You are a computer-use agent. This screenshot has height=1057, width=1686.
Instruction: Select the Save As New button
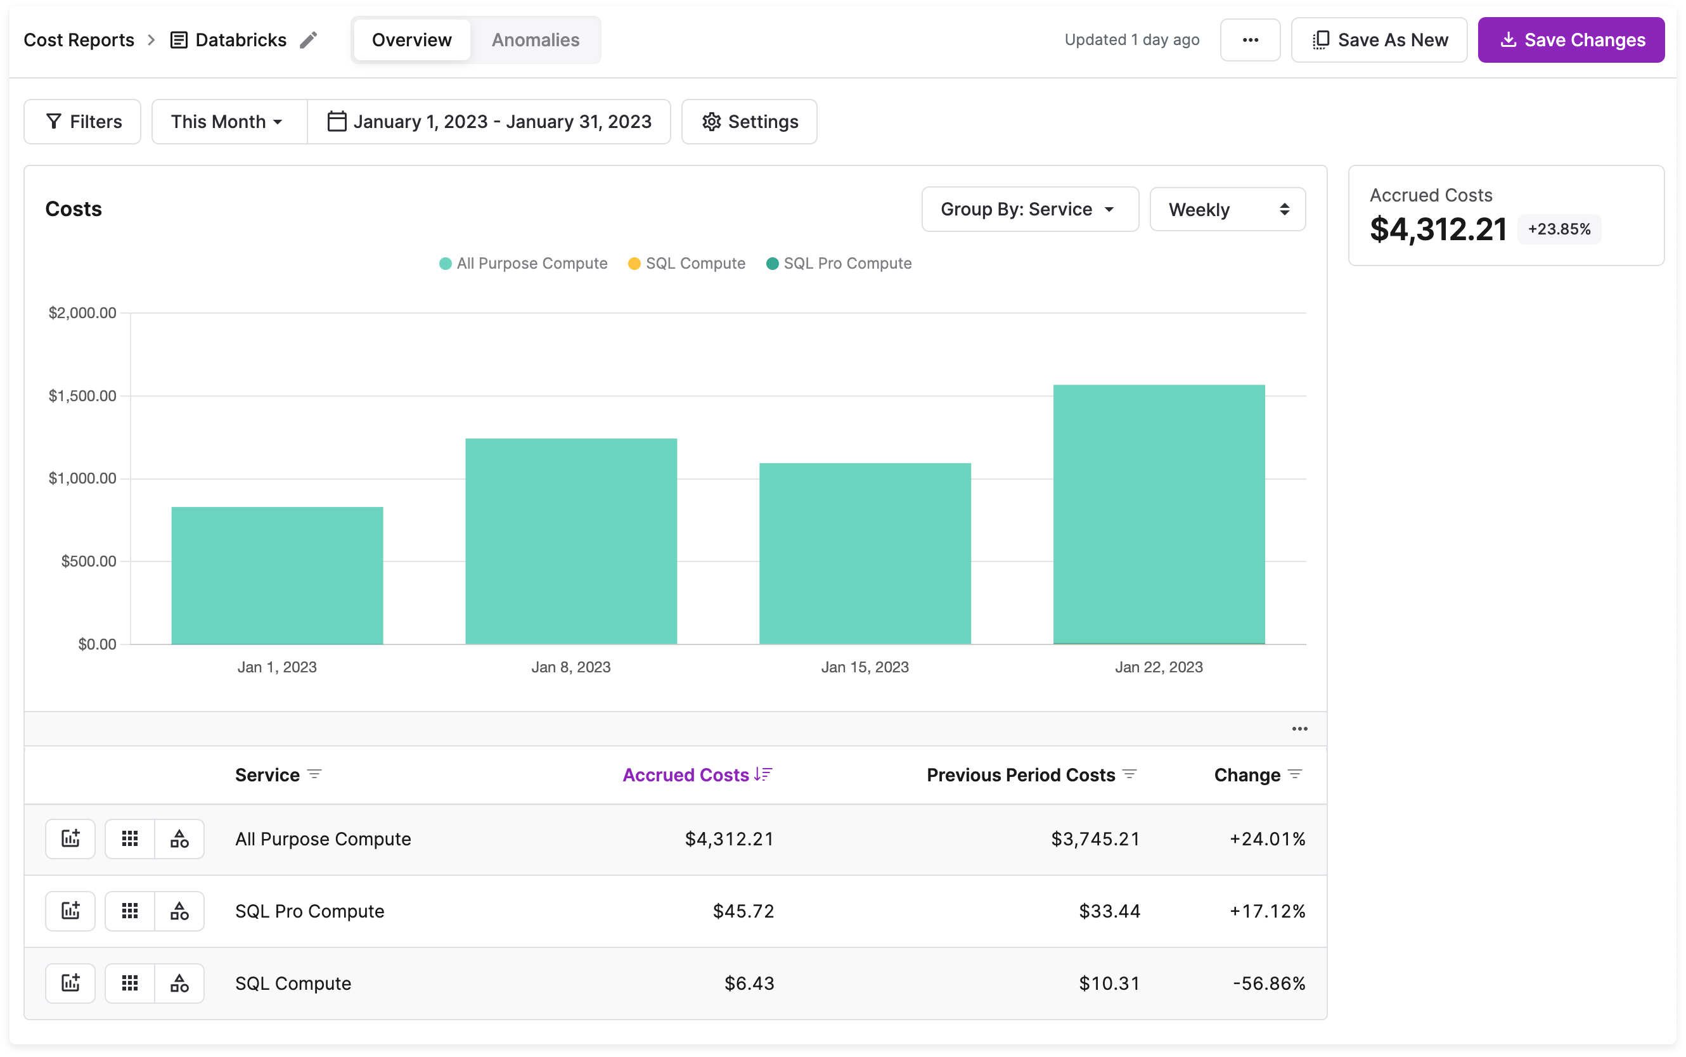[1379, 40]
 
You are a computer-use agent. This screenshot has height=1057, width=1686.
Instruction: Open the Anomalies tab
[535, 40]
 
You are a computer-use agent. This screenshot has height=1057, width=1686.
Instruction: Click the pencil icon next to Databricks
[308, 40]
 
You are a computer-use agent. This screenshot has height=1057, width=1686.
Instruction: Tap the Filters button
[82, 122]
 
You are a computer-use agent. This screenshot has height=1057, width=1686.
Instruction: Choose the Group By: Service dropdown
[1029, 209]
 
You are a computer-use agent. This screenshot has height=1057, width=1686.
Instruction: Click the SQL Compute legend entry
[686, 264]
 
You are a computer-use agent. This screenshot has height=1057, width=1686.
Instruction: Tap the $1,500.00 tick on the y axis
[82, 395]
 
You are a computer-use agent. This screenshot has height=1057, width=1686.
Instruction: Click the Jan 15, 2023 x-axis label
[865, 667]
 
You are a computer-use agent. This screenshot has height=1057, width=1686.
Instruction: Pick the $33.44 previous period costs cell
[1109, 911]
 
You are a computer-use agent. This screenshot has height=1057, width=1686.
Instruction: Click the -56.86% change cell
[1268, 983]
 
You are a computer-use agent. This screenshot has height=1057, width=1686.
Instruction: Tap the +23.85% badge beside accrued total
[1558, 229]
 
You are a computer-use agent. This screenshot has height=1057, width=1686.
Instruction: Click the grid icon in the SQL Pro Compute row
[130, 911]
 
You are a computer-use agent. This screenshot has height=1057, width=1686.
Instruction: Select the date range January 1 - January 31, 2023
[489, 122]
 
